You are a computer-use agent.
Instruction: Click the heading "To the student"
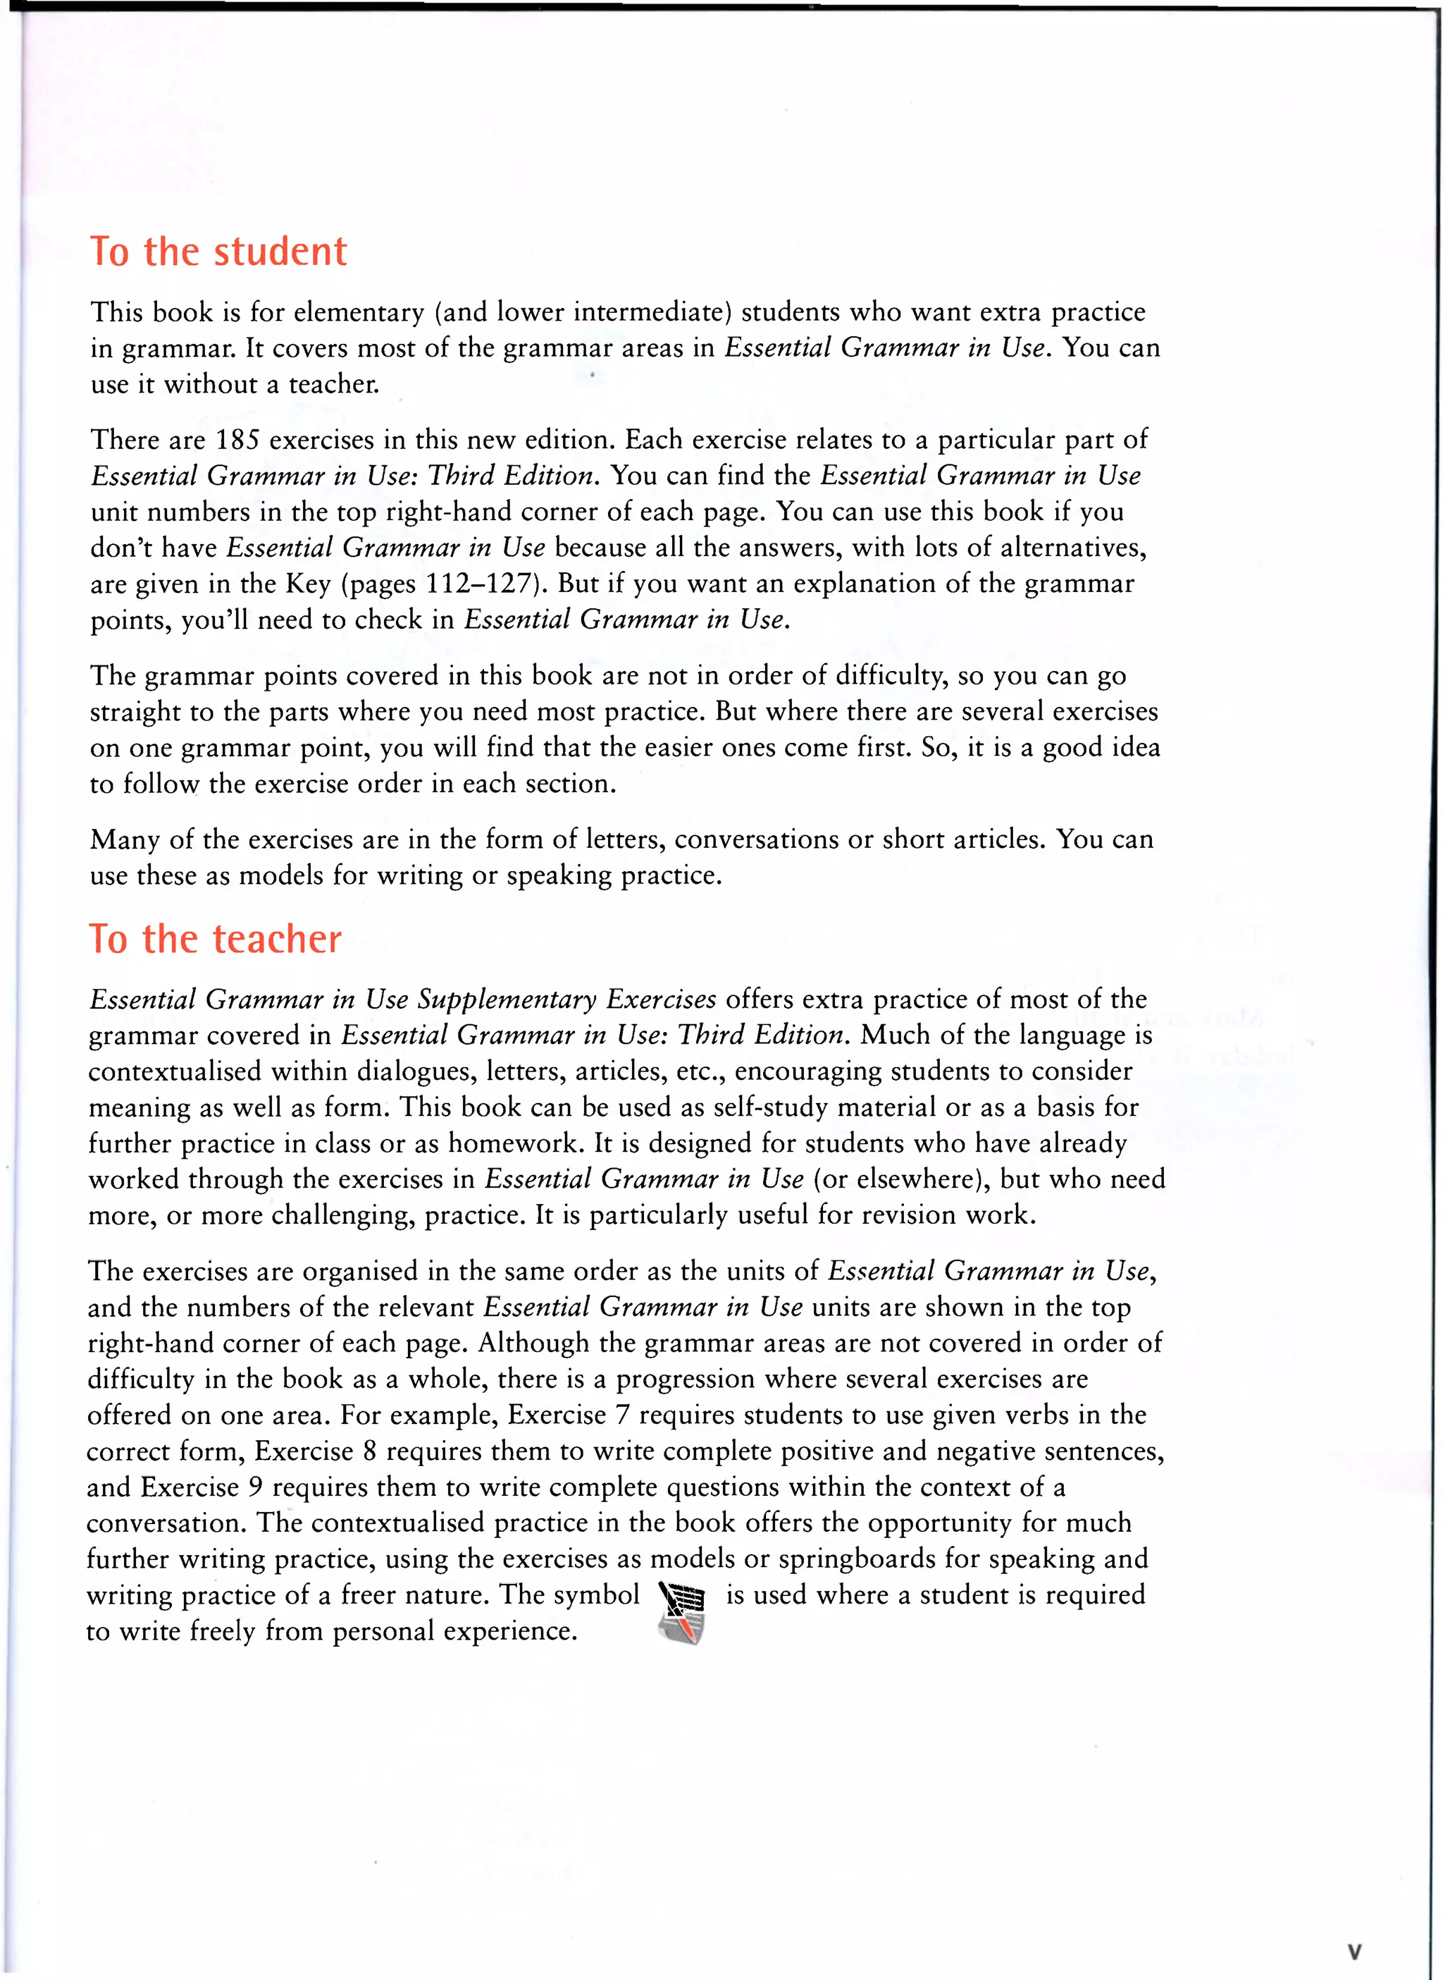(218, 252)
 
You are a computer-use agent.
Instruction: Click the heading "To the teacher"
(215, 940)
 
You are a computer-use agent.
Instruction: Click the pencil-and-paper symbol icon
(681, 1611)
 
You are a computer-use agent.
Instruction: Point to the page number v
(1354, 1951)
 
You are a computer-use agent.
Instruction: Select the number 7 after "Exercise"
(622, 1415)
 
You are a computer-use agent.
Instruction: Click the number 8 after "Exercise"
(369, 1451)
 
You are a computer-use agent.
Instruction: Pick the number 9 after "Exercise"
(255, 1487)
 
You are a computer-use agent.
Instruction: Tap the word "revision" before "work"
(904, 1215)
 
